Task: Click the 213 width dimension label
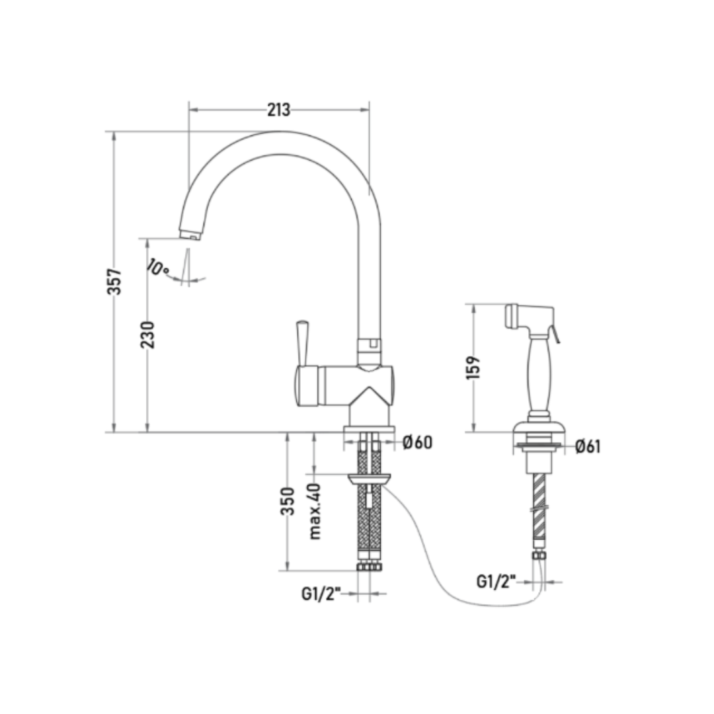coord(279,110)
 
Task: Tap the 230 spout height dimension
coord(147,335)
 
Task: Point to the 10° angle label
coord(158,267)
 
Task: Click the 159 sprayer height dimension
coord(474,367)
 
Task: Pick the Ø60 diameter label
coord(418,442)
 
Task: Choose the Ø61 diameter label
coord(588,447)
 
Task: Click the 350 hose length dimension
coord(288,501)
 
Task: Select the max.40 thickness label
coord(315,511)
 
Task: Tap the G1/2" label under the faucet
coord(321,594)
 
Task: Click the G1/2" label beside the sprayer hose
coord(496,582)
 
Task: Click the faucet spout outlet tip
coord(190,235)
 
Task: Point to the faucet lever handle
coord(302,343)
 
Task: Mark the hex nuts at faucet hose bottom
coord(370,567)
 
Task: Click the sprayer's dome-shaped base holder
coord(539,428)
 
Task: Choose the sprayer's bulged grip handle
coord(539,374)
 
